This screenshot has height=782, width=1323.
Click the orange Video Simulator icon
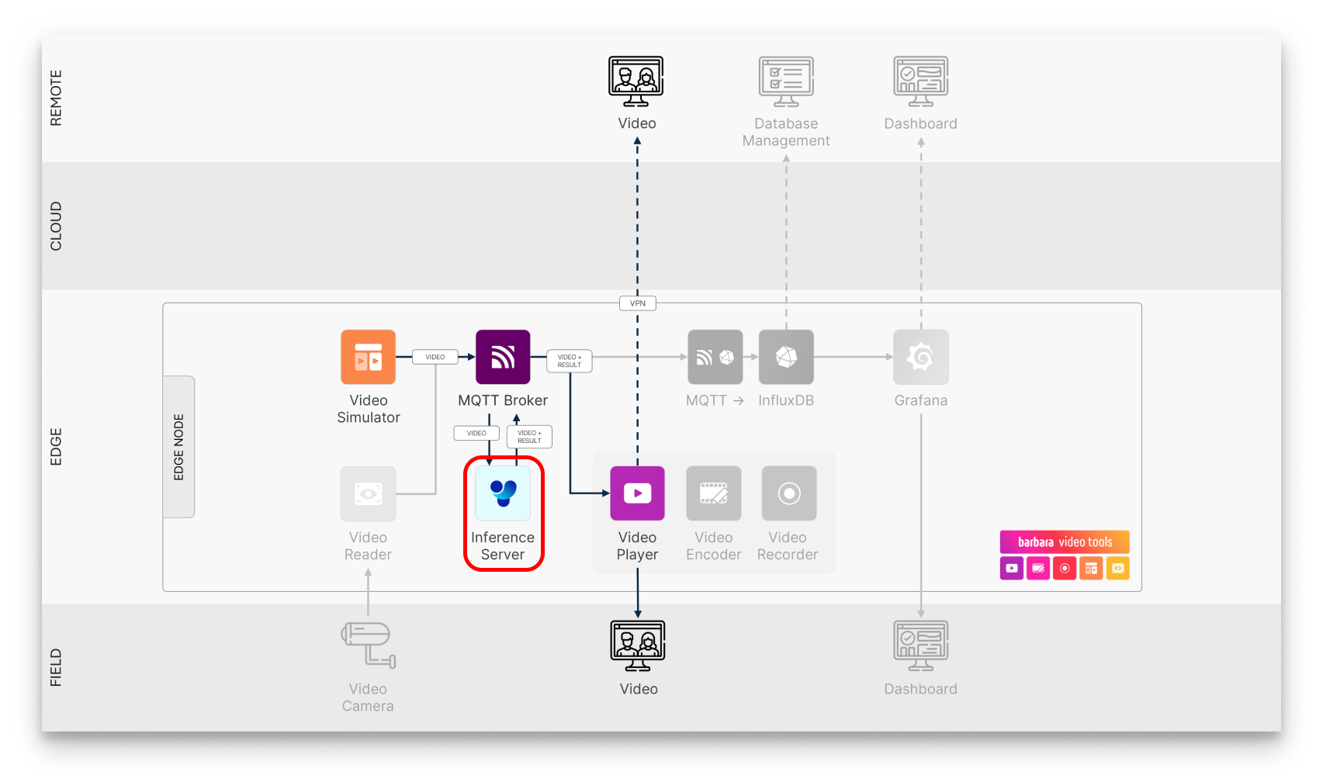point(368,357)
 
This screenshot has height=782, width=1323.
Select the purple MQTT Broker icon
point(503,357)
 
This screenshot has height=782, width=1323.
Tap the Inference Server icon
point(503,493)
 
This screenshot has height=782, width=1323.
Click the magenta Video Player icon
point(637,493)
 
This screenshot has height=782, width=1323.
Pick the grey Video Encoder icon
point(714,493)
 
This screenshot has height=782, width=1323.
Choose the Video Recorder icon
point(788,493)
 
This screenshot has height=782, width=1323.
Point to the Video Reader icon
point(368,493)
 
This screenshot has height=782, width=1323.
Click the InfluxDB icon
point(786,357)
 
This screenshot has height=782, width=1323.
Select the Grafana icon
point(921,357)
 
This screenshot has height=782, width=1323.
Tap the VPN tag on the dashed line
point(638,303)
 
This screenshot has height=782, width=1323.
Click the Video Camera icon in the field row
point(369,644)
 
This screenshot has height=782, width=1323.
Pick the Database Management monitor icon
point(786,81)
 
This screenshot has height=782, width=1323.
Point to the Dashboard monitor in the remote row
point(921,81)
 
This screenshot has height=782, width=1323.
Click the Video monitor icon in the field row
point(638,645)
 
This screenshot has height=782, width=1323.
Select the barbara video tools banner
point(1065,542)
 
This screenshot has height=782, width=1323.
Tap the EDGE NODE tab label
point(179,447)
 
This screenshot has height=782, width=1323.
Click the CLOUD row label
point(56,226)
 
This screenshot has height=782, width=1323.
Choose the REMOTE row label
point(56,99)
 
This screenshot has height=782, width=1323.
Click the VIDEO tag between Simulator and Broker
point(435,357)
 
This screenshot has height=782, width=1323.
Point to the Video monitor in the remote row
point(636,81)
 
